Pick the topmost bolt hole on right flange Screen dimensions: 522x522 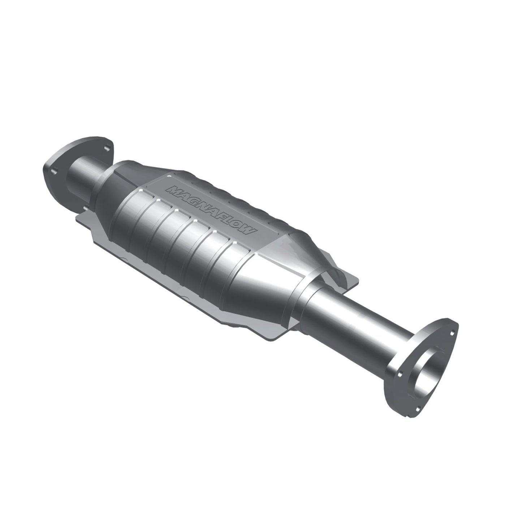click(x=445, y=320)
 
